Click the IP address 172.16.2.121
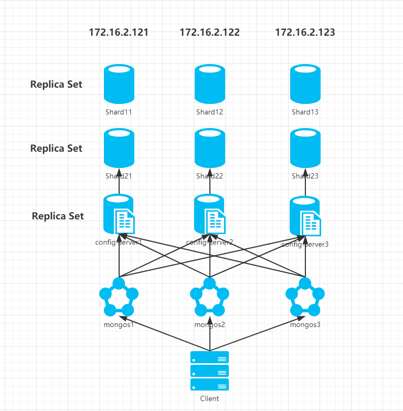pos(119,32)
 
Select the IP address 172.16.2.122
pos(209,32)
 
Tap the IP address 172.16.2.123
pos(305,32)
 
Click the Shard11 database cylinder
pos(119,84)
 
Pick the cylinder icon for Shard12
pos(209,84)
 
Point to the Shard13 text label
pos(305,112)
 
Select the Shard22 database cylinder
pos(209,149)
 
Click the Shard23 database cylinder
pos(305,149)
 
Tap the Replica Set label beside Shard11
pos(56,84)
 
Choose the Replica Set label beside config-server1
pos(58,216)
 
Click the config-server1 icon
pos(119,214)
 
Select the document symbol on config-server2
pos(216,221)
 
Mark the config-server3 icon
pos(306,216)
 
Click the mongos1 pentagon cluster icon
pos(119,298)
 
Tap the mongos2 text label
pos(209,324)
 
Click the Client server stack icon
pos(209,371)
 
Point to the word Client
pos(209,398)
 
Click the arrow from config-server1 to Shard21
pos(119,183)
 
